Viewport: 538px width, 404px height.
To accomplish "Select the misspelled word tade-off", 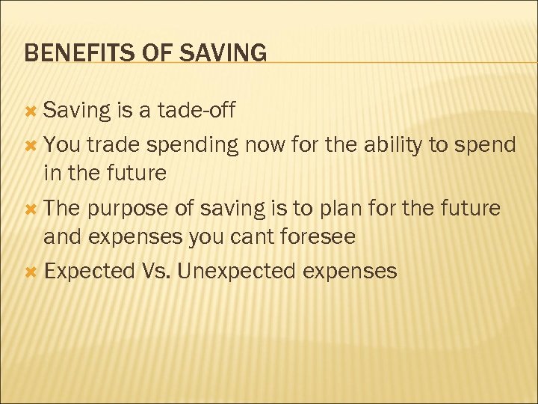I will point(197,111).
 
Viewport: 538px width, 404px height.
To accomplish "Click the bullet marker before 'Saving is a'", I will point(31,111).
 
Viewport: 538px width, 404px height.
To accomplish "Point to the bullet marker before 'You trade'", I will point(31,144).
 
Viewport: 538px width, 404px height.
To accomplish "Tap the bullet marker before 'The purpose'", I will point(31,209).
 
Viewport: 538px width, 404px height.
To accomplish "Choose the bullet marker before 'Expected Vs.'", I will point(31,272).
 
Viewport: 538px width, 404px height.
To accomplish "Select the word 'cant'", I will point(261,238).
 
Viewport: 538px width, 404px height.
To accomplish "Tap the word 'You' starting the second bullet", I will point(62,144).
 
